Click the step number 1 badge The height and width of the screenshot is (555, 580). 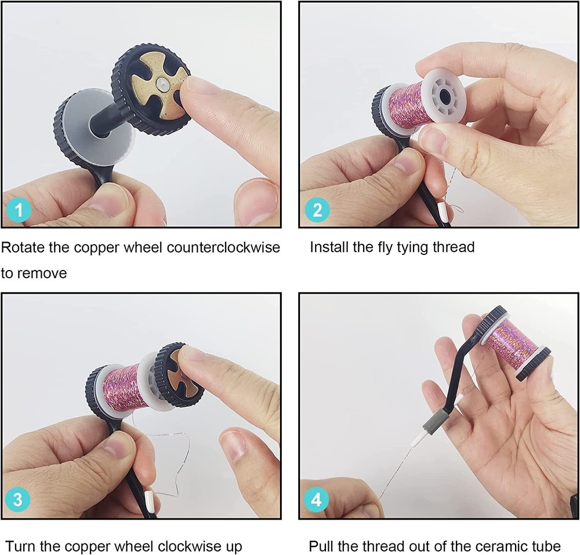19,210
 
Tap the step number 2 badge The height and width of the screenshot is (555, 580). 317,210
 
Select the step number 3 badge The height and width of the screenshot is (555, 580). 18,499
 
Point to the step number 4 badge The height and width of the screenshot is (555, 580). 316,499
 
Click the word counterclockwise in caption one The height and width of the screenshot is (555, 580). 223,247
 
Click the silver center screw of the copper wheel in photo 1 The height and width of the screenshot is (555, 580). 162,85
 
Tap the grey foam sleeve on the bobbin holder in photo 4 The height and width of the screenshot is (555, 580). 438,418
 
